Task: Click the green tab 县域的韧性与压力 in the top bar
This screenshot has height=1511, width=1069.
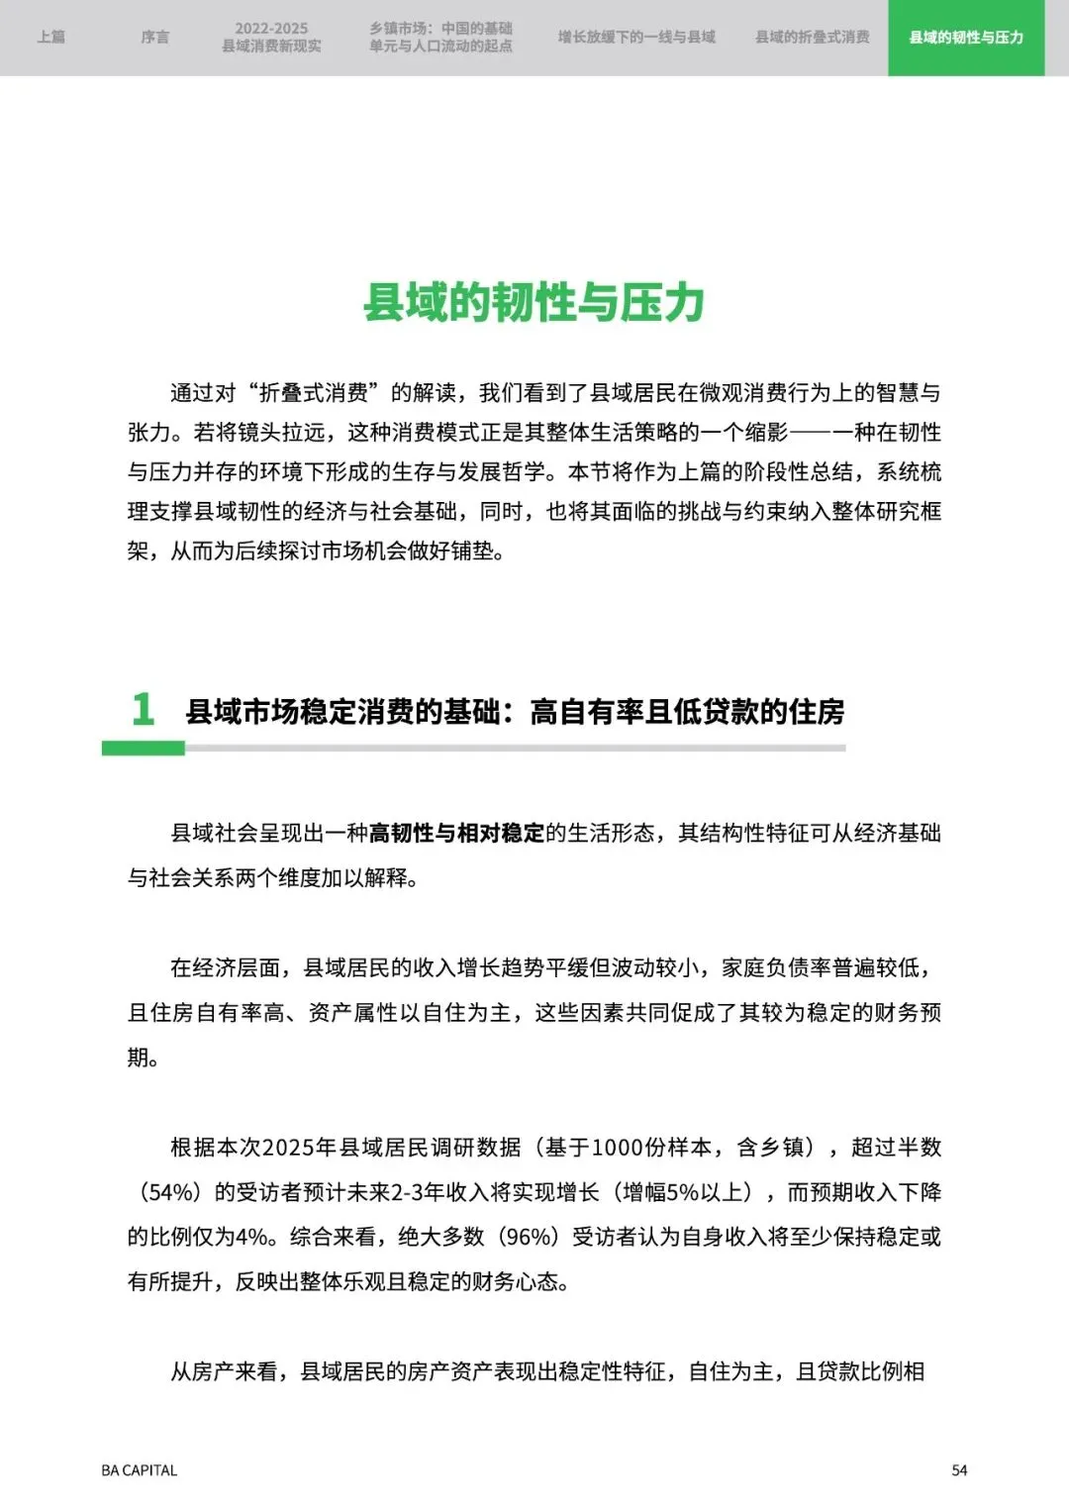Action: [965, 38]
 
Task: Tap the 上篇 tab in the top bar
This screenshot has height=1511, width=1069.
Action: [51, 38]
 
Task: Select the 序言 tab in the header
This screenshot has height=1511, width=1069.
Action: [155, 38]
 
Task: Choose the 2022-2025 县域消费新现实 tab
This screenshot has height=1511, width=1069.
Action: [271, 38]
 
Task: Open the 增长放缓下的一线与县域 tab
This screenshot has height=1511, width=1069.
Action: [635, 38]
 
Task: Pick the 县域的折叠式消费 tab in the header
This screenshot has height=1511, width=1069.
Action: [812, 38]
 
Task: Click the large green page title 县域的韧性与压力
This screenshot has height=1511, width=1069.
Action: [534, 302]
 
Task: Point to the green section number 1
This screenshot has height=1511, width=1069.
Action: [144, 709]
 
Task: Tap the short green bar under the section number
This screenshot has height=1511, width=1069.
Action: [143, 749]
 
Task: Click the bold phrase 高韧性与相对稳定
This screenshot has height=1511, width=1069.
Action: [456, 833]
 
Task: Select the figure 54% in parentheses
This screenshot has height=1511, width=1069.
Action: [170, 1192]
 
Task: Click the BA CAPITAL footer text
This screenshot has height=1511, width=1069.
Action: [140, 1470]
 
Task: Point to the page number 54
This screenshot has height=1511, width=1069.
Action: [959, 1470]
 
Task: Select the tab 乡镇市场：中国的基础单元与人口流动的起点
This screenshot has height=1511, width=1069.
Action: [440, 38]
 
